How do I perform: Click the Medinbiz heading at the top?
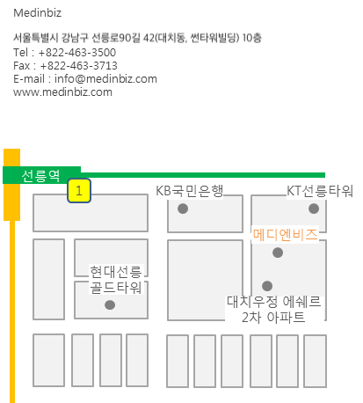pos(38,13)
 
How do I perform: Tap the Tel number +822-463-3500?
pos(77,53)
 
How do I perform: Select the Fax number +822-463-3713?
pos(79,66)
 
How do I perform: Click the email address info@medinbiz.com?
pos(105,79)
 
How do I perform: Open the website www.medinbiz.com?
pos(62,92)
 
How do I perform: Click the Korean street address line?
pos(137,38)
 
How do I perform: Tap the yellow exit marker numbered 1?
pos(79,191)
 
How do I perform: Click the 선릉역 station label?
pos(40,176)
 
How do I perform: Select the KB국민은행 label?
pos(190,191)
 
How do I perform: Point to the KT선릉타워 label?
pos(320,191)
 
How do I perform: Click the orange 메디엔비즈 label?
pos(286,235)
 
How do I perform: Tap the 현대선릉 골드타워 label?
pos(116,280)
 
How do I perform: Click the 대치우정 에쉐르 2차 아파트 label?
pos(273,310)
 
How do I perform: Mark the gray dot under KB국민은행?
pos(183,209)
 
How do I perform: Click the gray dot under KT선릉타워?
pos(314,209)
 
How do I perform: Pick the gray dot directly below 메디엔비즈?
pos(278,253)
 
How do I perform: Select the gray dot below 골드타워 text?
pos(110,305)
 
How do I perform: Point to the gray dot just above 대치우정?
pos(267,286)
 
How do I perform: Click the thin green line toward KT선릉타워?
pos(203,175)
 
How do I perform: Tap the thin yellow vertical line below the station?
pos(12,311)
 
